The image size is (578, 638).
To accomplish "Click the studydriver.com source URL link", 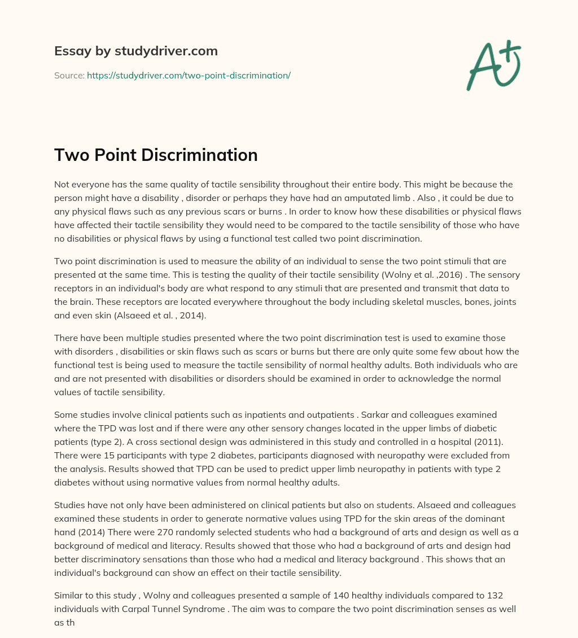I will point(189,75).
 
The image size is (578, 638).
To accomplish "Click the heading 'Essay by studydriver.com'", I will point(135,51).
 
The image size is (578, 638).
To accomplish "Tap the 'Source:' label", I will point(69,75).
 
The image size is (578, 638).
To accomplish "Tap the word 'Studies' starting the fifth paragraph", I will point(71,505).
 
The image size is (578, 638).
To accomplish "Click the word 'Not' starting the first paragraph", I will point(62,185).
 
